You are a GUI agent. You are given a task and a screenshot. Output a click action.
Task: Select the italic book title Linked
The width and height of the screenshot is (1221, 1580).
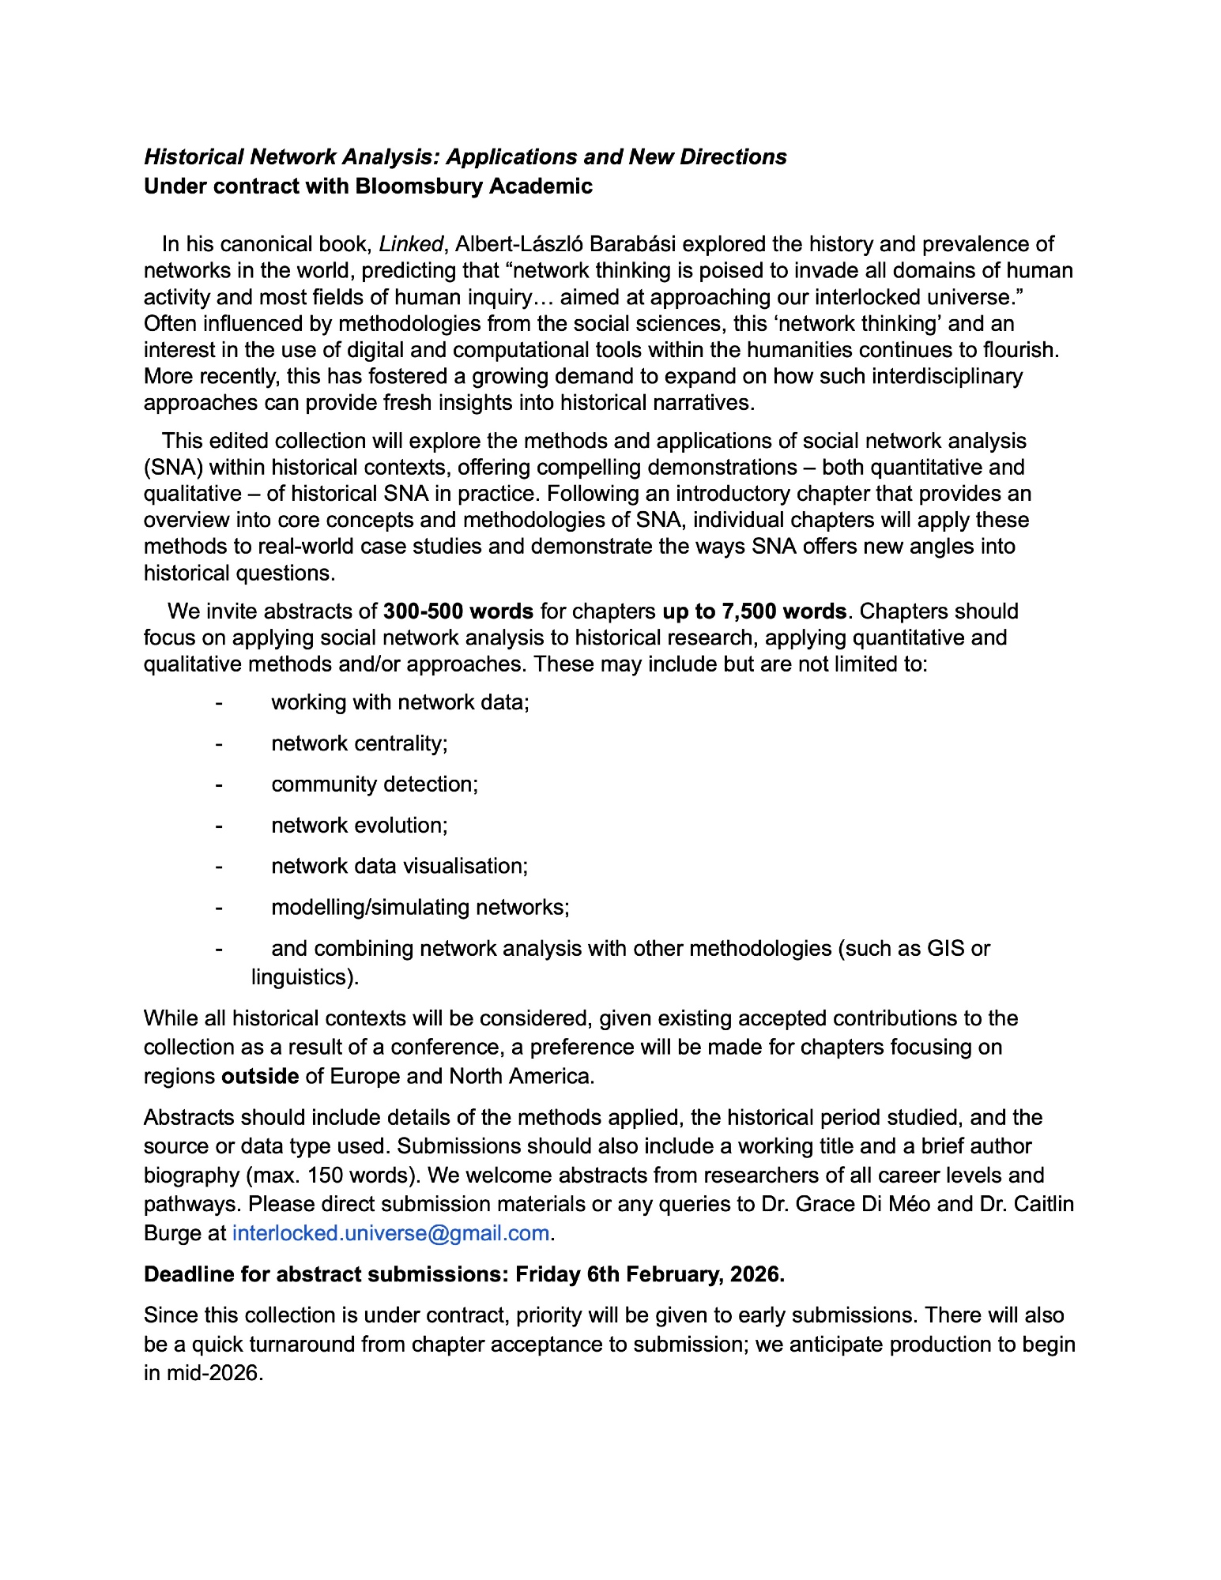(x=410, y=244)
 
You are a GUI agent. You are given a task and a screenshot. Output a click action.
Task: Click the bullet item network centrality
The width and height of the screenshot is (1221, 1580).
(x=360, y=743)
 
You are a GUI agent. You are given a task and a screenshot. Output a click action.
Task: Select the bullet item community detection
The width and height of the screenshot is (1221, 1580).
(x=375, y=784)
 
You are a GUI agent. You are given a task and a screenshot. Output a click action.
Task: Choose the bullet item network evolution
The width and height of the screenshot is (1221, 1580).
(x=360, y=826)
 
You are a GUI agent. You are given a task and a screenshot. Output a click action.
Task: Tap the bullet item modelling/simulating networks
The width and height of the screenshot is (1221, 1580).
(x=420, y=907)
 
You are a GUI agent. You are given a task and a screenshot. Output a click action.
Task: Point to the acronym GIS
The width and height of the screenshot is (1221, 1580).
(x=946, y=948)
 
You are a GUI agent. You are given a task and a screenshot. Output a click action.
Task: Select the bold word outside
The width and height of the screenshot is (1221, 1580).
(x=260, y=1077)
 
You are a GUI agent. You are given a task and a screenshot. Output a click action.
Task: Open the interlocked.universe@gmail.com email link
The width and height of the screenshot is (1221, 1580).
(x=390, y=1233)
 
